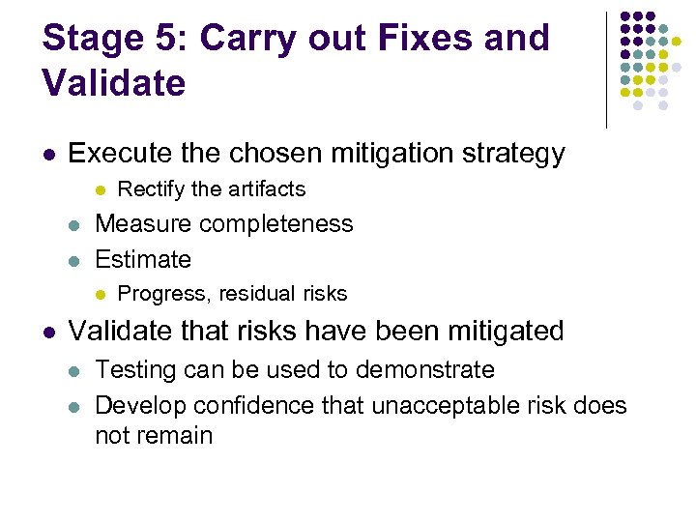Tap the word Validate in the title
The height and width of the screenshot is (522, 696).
click(114, 83)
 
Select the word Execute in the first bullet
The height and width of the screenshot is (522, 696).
click(117, 154)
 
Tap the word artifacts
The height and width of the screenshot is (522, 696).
click(265, 189)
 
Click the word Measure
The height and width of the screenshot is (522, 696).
click(141, 224)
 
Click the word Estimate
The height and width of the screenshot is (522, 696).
click(143, 259)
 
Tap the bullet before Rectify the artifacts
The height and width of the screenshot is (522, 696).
click(100, 189)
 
